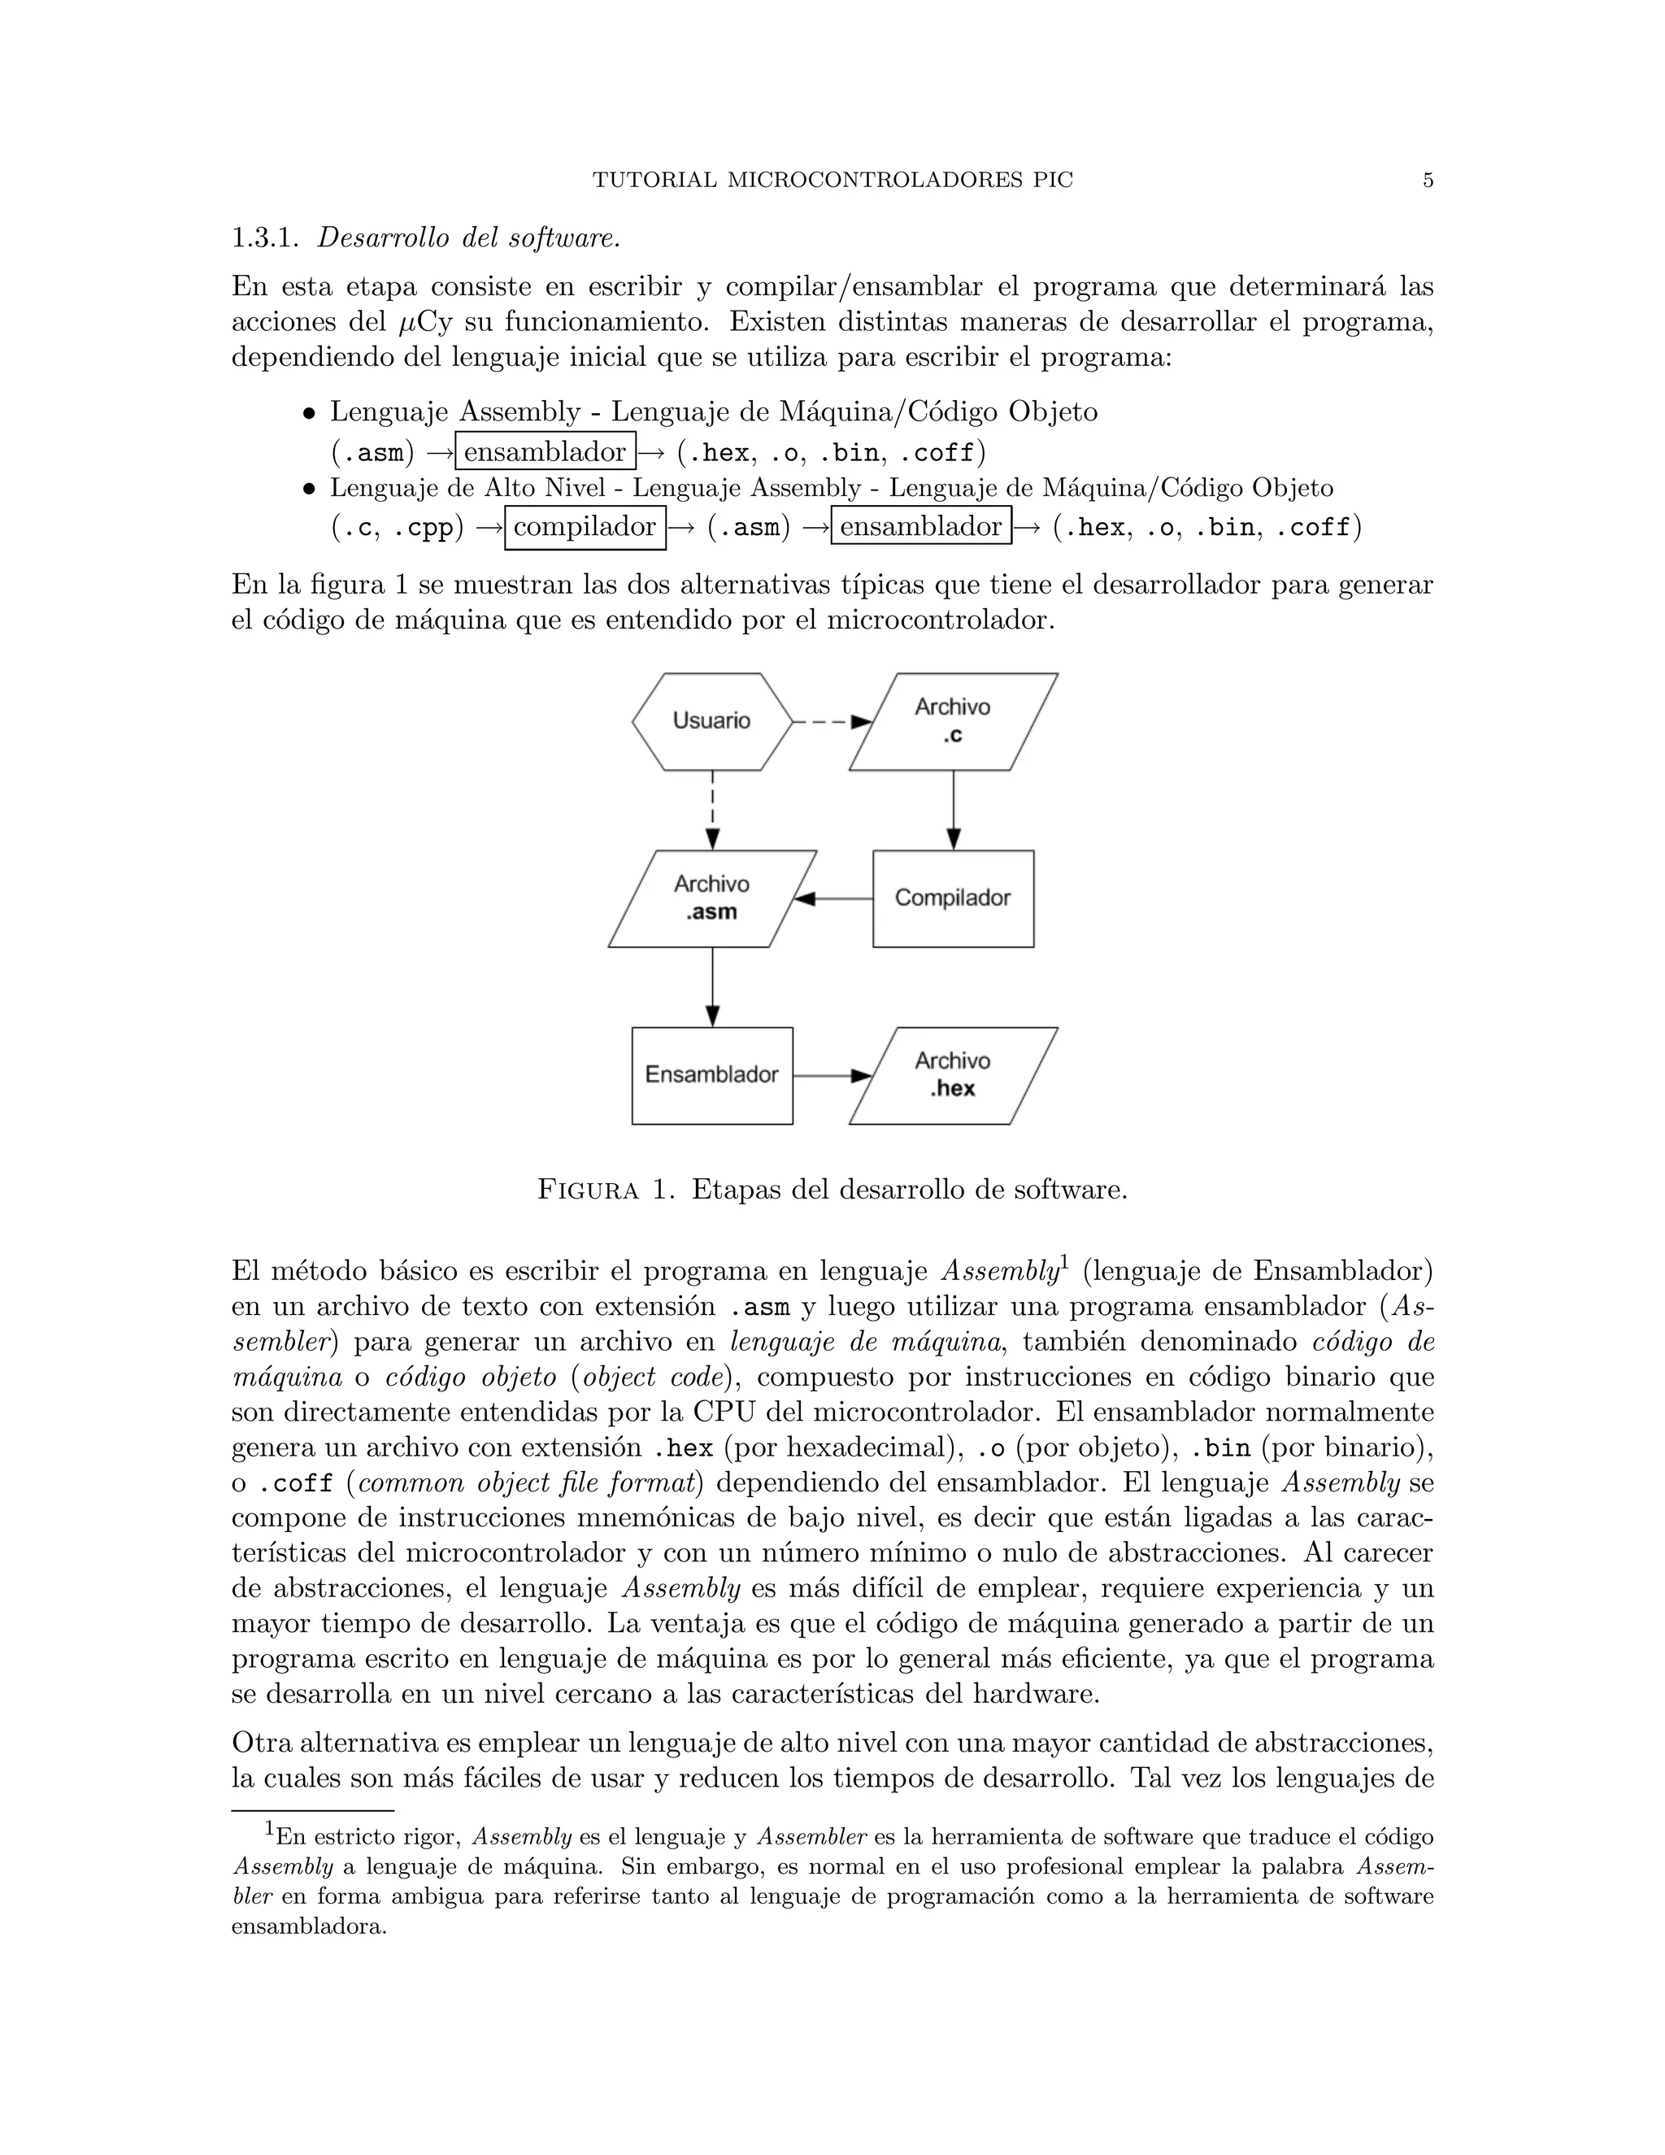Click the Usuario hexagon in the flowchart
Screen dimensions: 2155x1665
pyautogui.click(x=712, y=721)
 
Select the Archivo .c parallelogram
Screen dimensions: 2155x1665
pyautogui.click(x=953, y=721)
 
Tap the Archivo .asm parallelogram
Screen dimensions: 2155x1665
pyautogui.click(x=712, y=898)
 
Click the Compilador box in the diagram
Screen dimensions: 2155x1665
pyautogui.click(x=953, y=898)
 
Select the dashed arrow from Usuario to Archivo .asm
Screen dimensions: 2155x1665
pyautogui.click(x=712, y=809)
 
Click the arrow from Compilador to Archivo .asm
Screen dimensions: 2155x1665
pyautogui.click(x=834, y=898)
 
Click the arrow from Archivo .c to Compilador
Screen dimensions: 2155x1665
pyautogui.click(x=953, y=809)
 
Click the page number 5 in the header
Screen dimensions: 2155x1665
pyautogui.click(x=1428, y=181)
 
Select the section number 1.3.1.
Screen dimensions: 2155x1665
pyautogui.click(x=264, y=239)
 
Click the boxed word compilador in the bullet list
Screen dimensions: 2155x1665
pyautogui.click(x=585, y=527)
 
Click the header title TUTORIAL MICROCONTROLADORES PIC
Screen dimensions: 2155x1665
pyautogui.click(x=832, y=181)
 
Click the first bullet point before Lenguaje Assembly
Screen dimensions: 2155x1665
pyautogui.click(x=309, y=413)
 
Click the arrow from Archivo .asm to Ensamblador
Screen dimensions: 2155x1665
pyautogui.click(x=712, y=986)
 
